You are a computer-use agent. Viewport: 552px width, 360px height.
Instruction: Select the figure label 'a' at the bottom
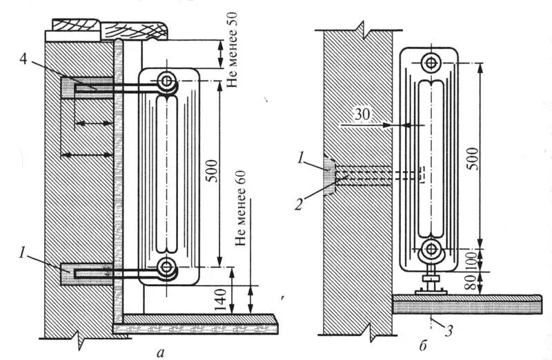[161, 353]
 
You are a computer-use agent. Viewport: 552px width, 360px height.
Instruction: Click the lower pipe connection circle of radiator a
[167, 266]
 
